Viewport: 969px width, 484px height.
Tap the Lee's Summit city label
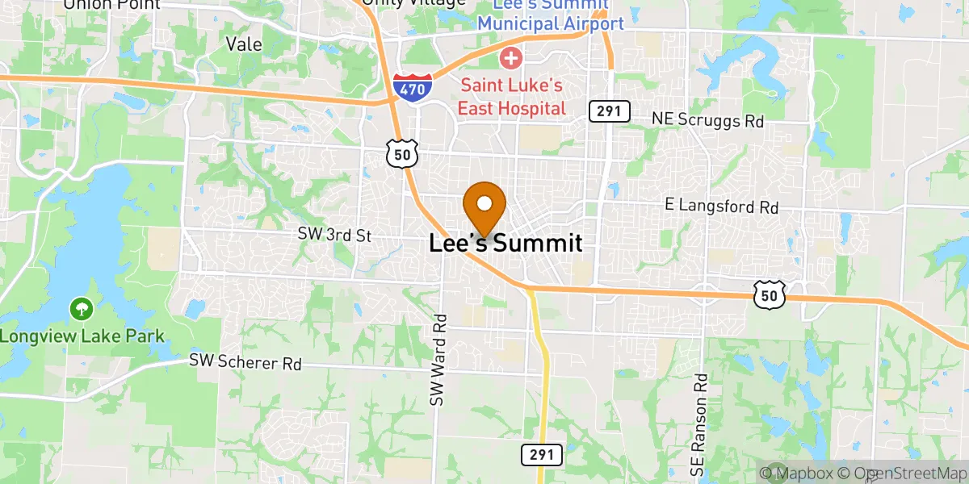point(505,243)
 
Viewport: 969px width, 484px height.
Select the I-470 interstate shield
point(412,86)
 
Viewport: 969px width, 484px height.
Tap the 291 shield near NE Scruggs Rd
point(609,111)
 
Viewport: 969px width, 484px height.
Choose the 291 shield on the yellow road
point(542,454)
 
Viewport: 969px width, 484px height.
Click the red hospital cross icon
point(510,58)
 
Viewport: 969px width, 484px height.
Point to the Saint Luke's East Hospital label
point(511,96)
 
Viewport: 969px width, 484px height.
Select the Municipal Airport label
point(550,23)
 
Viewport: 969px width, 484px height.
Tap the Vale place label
point(245,44)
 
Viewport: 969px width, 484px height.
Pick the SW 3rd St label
point(333,236)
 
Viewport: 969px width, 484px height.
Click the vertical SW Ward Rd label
point(438,360)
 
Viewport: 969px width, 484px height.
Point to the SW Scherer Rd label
point(245,362)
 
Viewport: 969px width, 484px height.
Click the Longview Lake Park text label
point(82,336)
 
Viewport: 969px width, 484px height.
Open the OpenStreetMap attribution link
point(902,473)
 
